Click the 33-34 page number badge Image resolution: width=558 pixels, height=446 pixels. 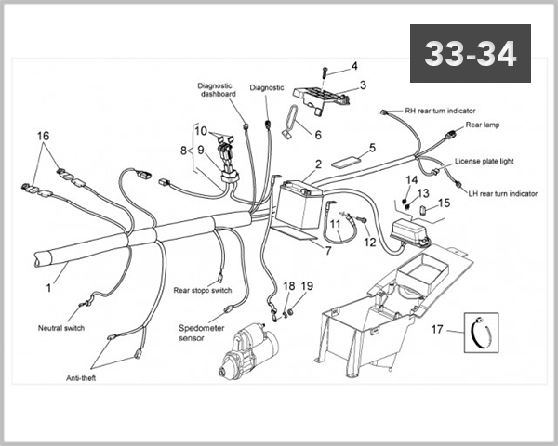coord(470,54)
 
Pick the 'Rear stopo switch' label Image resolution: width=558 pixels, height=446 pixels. coord(203,290)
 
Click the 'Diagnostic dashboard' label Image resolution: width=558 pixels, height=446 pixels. coord(218,89)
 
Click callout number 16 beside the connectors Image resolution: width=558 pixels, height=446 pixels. coord(43,136)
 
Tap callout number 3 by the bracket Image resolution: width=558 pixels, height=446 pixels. coord(363,85)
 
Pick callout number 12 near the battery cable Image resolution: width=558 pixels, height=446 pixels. coord(370,243)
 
